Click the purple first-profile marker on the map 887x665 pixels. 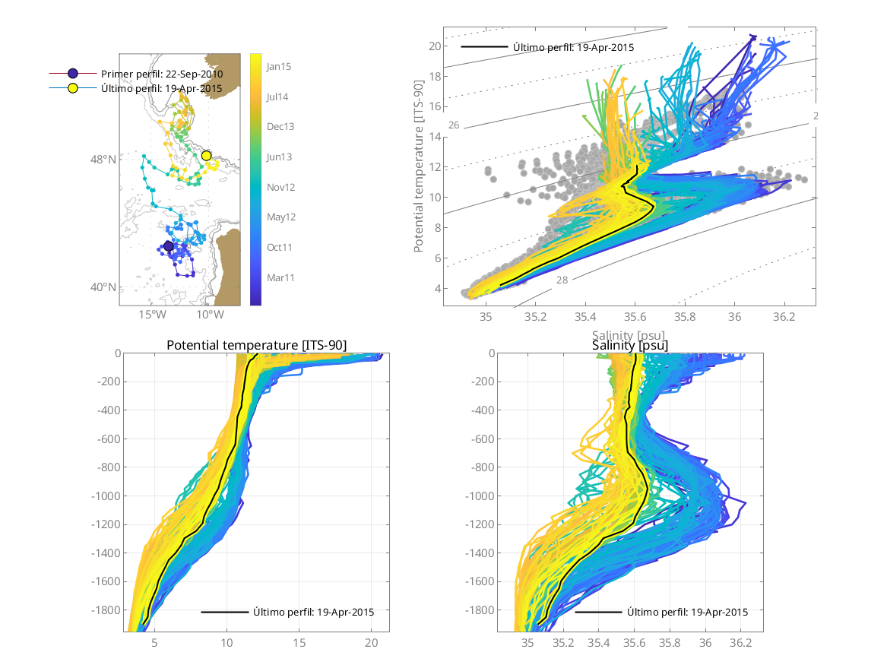pos(169,246)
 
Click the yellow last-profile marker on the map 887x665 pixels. pos(206,156)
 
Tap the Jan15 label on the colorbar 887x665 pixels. pos(278,66)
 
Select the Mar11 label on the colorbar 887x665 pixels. pos(280,278)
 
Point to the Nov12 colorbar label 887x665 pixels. pos(280,187)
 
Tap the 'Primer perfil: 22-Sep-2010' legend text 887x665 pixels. pos(161,74)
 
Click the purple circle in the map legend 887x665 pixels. pos(73,74)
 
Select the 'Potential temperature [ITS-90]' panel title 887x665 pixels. pos(256,346)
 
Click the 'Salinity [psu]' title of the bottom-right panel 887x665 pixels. pos(630,346)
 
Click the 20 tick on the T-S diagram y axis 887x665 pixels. pos(435,46)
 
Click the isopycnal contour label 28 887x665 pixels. pos(562,280)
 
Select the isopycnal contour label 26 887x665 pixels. pos(454,125)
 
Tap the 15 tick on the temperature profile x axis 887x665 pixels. pos(299,643)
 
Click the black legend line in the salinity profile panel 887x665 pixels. pos(598,612)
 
